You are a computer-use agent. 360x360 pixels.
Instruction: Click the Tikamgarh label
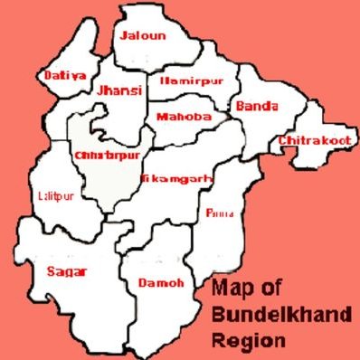click(x=176, y=179)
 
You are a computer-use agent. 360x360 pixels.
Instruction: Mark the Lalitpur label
click(x=49, y=194)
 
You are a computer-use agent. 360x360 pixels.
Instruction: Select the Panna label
click(x=220, y=213)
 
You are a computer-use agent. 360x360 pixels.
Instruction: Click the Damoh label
click(x=161, y=283)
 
